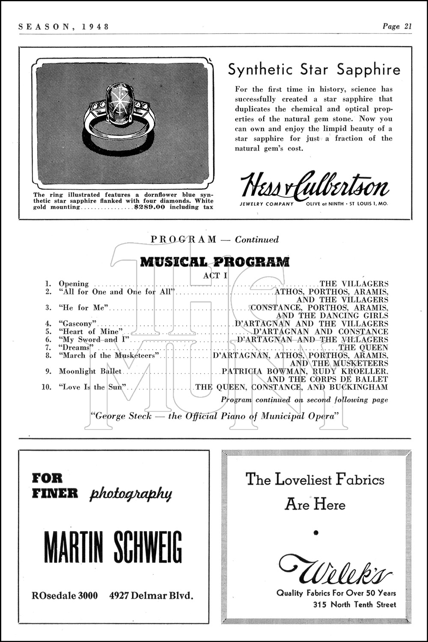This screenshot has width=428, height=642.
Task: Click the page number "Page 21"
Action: pos(397,27)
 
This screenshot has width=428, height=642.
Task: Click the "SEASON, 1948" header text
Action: pos(64,27)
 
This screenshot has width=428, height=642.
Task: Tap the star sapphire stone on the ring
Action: pos(119,104)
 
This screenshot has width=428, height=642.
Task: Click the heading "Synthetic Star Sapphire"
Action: pos(314,69)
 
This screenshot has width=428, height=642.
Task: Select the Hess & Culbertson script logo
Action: pos(315,185)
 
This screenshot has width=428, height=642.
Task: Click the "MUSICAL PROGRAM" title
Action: pos(215,262)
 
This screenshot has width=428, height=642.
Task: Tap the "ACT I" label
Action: pos(215,275)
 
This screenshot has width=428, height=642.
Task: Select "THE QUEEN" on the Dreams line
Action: pos(363,348)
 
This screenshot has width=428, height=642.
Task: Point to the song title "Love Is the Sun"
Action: pos(94,387)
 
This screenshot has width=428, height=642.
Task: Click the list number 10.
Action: pos(47,387)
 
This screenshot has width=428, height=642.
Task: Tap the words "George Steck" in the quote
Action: pos(123,416)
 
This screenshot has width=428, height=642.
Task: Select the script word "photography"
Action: pos(131,494)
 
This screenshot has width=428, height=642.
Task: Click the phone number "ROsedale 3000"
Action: pos(65,595)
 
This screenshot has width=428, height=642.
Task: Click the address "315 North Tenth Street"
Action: pos(354,605)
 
